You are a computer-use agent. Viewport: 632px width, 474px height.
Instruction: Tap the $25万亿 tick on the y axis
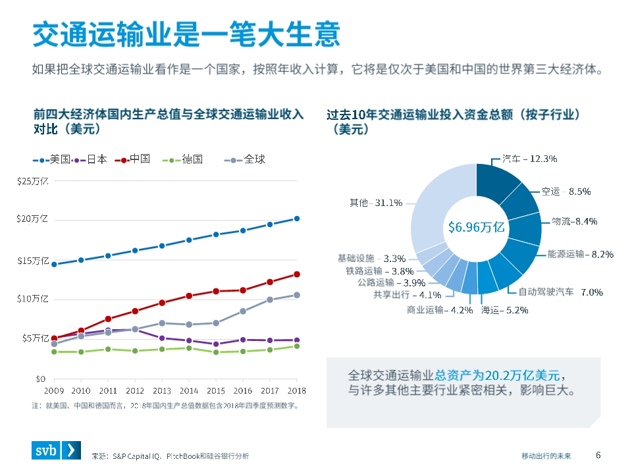33,181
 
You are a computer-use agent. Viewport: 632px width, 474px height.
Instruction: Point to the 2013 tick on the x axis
162,390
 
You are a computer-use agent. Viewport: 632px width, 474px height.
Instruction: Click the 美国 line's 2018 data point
297,219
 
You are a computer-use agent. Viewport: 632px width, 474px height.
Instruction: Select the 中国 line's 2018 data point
297,274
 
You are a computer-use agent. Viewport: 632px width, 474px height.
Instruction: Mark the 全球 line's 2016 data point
243,311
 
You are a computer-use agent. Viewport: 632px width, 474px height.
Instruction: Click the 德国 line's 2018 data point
297,346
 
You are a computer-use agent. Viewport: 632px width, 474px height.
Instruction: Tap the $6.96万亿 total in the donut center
476,227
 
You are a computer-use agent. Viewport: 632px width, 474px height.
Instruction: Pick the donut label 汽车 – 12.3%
529,159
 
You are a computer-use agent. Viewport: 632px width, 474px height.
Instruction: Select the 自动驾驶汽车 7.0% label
560,292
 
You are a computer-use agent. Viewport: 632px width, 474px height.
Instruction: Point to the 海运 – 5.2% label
504,310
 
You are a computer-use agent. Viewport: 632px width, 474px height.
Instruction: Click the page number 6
598,455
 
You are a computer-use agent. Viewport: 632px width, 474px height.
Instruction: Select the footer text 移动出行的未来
546,456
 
